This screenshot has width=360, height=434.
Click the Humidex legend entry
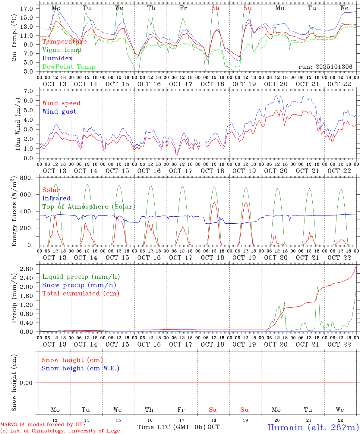pos(57,58)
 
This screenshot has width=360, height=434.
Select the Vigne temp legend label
pos(62,50)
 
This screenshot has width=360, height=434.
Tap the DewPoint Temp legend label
pos(69,67)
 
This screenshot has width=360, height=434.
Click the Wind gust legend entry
pos(59,112)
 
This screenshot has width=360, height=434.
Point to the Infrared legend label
pos(56,198)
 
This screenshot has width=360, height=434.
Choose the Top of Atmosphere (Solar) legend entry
pos(89,207)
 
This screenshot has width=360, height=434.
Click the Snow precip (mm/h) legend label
pos(79,285)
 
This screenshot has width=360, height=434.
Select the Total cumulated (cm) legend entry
pos(81,294)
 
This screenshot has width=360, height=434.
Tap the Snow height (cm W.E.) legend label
pos(81,368)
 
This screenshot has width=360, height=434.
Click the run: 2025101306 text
pos(325,67)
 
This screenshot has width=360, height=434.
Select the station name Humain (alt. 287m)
pos(313,427)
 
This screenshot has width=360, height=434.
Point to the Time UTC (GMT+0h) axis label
pos(172,427)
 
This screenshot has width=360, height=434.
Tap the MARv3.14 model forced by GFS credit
pos(43,425)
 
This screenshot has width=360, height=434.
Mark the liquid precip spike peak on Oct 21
pos(317,287)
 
